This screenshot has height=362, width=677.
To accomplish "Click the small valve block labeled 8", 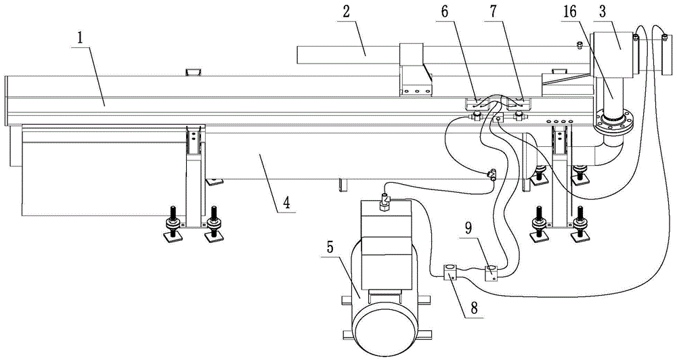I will pyautogui.click(x=450, y=273).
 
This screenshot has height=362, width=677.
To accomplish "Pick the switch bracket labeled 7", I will pyautogui.click(x=517, y=104).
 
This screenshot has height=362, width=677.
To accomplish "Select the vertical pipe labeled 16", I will pyautogui.click(x=611, y=95).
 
